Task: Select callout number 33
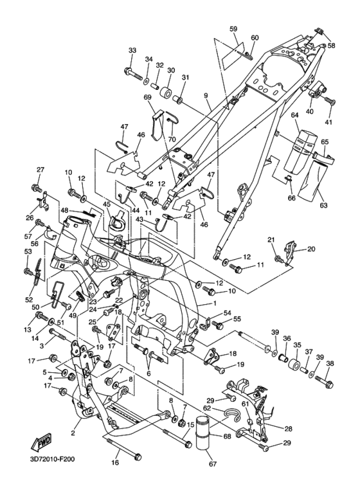tap(132, 50)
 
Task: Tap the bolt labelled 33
tap(135, 73)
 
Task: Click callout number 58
tap(331, 45)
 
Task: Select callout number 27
tap(40, 170)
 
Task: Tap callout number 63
tap(323, 205)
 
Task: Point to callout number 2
tap(73, 433)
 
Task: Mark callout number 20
tap(311, 249)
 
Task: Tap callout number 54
tap(227, 313)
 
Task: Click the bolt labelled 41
tap(330, 101)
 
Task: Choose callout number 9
tap(206, 95)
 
